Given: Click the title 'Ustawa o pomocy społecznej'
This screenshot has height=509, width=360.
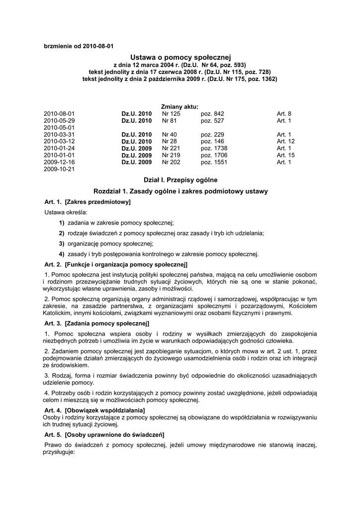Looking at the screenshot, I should click(180, 58).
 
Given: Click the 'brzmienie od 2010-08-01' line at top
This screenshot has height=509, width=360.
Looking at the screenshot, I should click(79, 46).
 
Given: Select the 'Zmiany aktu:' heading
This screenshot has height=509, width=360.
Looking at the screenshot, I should click(180, 106).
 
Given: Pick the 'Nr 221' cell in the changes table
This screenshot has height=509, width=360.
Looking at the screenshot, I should click(171, 148).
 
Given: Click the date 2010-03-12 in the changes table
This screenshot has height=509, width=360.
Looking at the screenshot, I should click(59, 141).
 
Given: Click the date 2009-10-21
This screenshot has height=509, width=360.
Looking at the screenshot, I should click(59, 169).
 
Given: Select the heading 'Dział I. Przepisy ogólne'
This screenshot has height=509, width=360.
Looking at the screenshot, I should click(180, 179).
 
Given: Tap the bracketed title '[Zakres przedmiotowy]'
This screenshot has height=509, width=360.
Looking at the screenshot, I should click(97, 202).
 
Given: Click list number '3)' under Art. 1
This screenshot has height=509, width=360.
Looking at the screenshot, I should click(62, 244).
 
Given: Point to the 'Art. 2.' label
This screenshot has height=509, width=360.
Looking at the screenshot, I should click(53, 264).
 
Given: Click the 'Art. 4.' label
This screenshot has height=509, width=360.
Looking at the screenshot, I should click(53, 410).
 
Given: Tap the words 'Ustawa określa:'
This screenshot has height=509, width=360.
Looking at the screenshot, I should click(66, 212).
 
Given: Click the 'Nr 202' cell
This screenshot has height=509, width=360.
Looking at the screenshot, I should click(171, 162).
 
